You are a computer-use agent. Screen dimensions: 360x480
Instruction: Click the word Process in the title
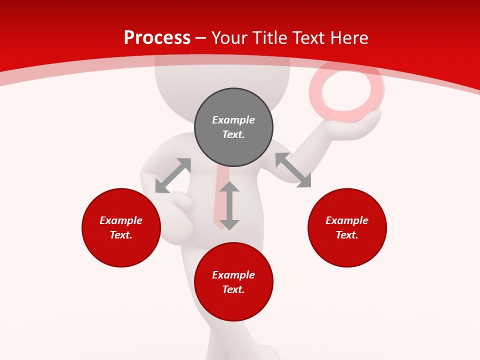(157, 38)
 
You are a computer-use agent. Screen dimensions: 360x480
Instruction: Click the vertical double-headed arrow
(229, 205)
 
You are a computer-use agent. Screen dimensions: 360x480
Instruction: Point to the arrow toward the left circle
(173, 175)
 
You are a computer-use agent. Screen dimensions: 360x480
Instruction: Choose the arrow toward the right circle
(293, 170)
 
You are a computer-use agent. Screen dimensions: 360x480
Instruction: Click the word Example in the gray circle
(233, 120)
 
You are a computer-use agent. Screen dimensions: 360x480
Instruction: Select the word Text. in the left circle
(121, 235)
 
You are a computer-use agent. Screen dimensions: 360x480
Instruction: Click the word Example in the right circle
(347, 220)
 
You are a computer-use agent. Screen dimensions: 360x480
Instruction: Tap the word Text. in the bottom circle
(233, 289)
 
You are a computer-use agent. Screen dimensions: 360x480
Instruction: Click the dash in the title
(201, 38)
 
